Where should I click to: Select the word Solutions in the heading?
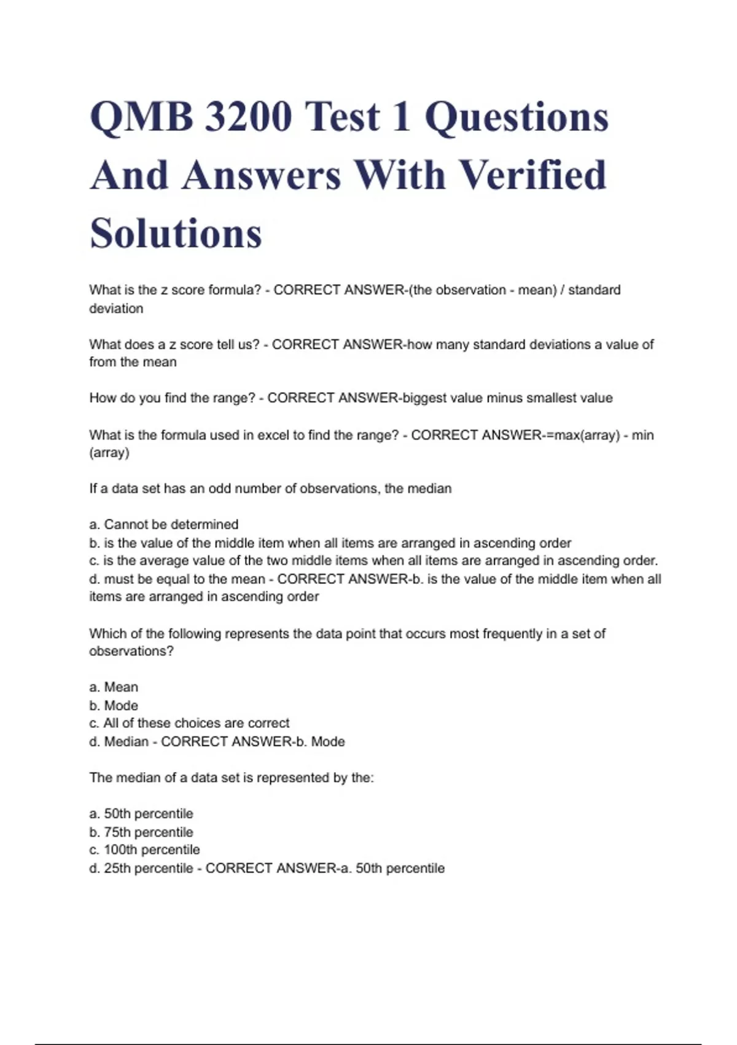coord(176,234)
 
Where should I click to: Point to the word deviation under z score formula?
coord(116,309)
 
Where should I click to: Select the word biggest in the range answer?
coord(424,398)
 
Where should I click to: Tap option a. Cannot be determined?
coord(164,525)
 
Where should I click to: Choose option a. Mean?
coord(114,687)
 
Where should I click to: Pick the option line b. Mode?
coord(114,706)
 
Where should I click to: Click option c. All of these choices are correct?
coord(189,724)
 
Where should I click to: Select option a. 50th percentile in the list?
coord(141,814)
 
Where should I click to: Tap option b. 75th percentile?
coord(141,832)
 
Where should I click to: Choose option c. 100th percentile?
coord(145,850)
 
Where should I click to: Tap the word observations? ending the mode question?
coord(131,652)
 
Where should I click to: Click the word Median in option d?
coord(127,742)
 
